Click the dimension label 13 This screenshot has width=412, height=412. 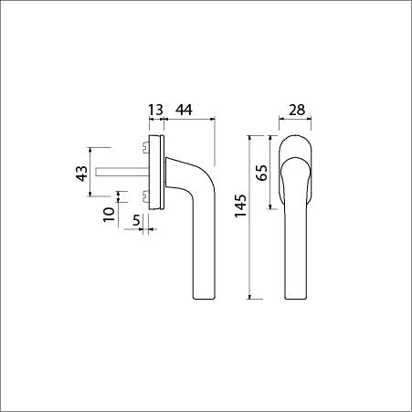pos(155,110)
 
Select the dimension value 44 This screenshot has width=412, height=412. pos(184,110)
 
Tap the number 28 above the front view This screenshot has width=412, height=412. pos(297,110)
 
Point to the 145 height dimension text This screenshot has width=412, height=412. pos(240,206)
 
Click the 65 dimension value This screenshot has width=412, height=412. pos(261,173)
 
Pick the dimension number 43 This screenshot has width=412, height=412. pos(81,174)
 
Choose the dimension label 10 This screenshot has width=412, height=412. pos(109,215)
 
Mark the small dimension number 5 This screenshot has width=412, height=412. pos(136,220)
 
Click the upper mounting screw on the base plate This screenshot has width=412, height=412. pos(146,147)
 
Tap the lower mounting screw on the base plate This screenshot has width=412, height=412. pos(146,195)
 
